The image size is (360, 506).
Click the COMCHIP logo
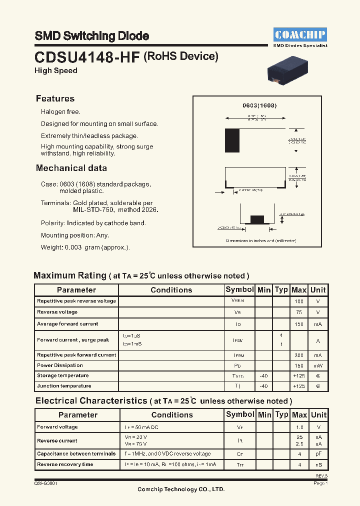pyautogui.click(x=300, y=34)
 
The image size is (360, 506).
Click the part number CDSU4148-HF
pyautogui.click(x=87, y=57)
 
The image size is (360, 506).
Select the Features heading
pyautogui.click(x=55, y=98)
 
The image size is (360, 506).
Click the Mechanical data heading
pyautogui.click(x=71, y=168)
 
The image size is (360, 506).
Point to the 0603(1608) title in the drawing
pyautogui.click(x=259, y=106)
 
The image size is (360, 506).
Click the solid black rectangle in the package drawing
pyautogui.click(x=232, y=140)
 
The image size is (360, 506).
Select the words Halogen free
pyautogui.click(x=60, y=112)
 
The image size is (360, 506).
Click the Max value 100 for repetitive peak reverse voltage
pyautogui.click(x=299, y=301)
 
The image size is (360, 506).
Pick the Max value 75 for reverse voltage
pyautogui.click(x=299, y=312)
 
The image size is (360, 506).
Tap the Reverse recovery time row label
pyautogui.click(x=65, y=464)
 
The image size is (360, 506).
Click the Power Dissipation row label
pyautogui.click(x=59, y=365)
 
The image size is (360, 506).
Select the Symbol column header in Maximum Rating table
pyautogui.click(x=239, y=290)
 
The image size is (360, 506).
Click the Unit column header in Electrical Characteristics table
pyautogui.click(x=318, y=414)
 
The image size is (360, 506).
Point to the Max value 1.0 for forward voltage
pyautogui.click(x=299, y=427)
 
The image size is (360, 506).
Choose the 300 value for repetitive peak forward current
pyautogui.click(x=299, y=355)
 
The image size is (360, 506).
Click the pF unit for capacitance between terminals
pyautogui.click(x=318, y=454)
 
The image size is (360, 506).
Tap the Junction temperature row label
pyautogui.click(x=64, y=386)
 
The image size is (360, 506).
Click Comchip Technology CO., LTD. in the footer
pyautogui.click(x=181, y=489)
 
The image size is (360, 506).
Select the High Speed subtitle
pyautogui.click(x=55, y=70)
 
